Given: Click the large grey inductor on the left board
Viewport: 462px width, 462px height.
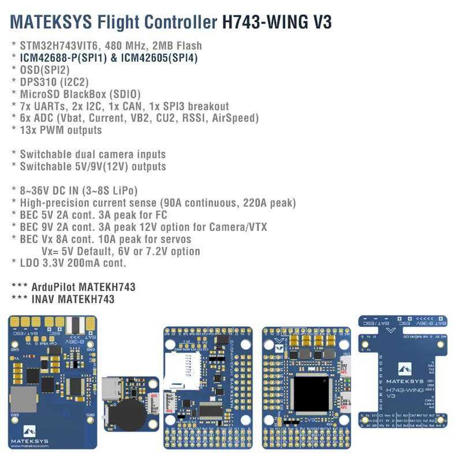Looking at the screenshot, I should [24, 398].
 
